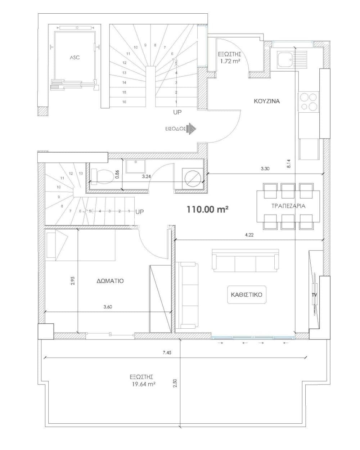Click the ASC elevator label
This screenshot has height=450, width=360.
(75, 57)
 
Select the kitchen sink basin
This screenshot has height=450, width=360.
(285, 60)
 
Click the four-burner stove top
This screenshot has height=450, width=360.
(308, 102)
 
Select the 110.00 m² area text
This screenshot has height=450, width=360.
(207, 209)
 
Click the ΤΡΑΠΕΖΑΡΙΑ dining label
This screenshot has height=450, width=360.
(288, 206)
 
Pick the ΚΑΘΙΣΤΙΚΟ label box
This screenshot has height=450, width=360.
(247, 294)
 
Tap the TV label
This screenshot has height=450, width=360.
(314, 295)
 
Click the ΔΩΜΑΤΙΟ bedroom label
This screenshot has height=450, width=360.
(110, 281)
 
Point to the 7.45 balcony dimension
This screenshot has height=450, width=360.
(167, 353)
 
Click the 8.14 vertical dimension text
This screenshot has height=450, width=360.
(289, 164)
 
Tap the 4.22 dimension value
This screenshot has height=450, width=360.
(249, 235)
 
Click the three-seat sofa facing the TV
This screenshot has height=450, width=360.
(246, 261)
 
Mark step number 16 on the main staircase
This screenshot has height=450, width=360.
(124, 102)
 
